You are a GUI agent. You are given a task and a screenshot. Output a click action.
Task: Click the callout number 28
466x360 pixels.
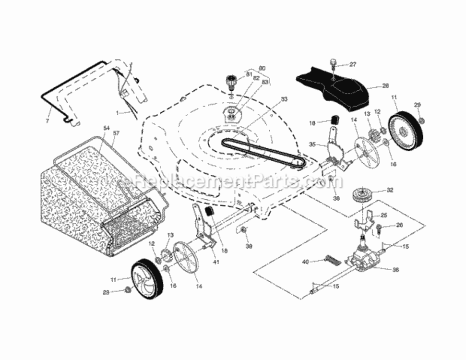tap(385, 86)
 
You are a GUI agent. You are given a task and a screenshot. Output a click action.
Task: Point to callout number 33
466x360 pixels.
tap(284, 99)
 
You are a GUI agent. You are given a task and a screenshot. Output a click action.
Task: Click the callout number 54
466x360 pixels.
tap(107, 129)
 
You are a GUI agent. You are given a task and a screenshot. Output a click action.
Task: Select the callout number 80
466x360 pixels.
tap(262, 68)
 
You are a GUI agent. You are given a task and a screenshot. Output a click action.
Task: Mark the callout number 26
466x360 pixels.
tap(399, 225)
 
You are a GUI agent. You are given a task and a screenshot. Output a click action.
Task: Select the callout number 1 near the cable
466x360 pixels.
tap(117, 112)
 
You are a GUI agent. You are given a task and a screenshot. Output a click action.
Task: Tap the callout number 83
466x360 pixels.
tap(264, 83)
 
